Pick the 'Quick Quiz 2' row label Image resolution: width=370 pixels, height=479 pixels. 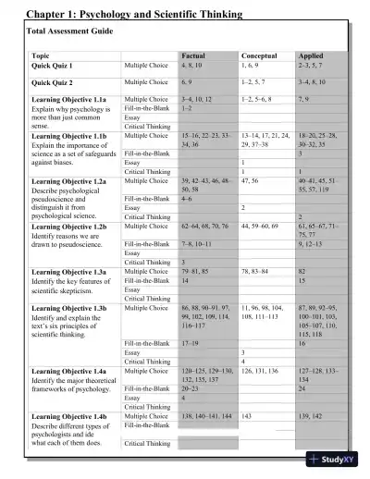(53, 82)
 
